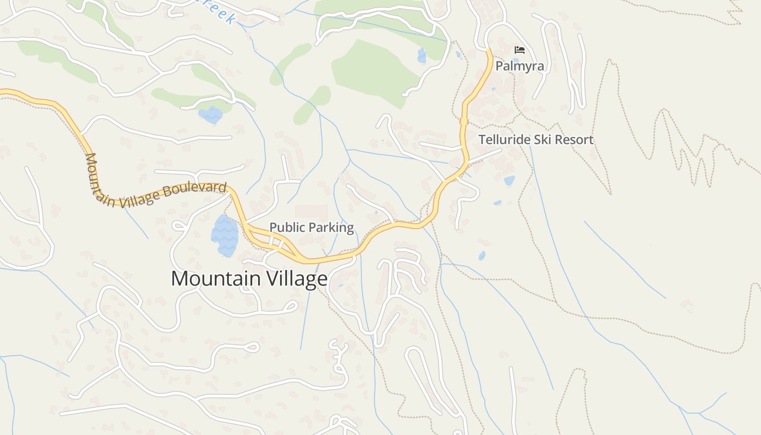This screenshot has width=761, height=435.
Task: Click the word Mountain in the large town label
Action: pyautogui.click(x=215, y=279)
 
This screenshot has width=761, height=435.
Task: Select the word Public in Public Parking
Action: pyautogui.click(x=285, y=227)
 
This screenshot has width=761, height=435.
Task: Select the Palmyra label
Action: pyautogui.click(x=519, y=66)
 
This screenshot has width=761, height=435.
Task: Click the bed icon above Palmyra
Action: pyautogui.click(x=520, y=50)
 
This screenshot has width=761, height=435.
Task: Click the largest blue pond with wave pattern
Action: pyautogui.click(x=224, y=236)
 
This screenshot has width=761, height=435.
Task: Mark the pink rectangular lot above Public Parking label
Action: pyautogui.click(x=311, y=213)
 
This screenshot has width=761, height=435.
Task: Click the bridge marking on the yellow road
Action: pyautogui.click(x=464, y=121)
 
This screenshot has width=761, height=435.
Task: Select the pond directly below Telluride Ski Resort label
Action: pyautogui.click(x=509, y=181)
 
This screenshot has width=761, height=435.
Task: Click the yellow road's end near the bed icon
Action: pyautogui.click(x=488, y=51)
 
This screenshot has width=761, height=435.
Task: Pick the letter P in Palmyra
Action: pyautogui.click(x=498, y=66)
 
